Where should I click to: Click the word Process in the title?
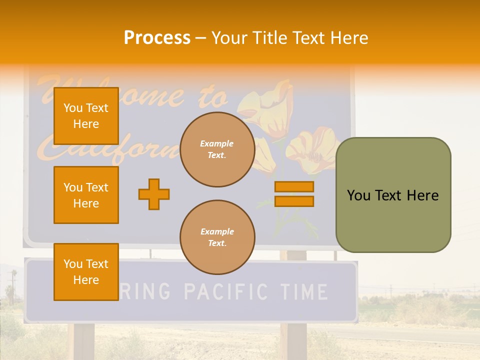[157, 38]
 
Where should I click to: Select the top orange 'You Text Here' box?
[86, 116]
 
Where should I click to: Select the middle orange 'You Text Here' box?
[86, 195]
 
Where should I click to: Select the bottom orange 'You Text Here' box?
[86, 271]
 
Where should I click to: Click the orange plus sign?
[154, 194]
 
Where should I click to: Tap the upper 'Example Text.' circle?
[217, 149]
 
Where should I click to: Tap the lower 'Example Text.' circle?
[217, 237]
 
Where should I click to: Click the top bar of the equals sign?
[294, 186]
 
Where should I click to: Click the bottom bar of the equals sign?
[294, 201]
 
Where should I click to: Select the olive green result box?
[393, 195]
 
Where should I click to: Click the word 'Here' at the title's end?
[349, 38]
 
